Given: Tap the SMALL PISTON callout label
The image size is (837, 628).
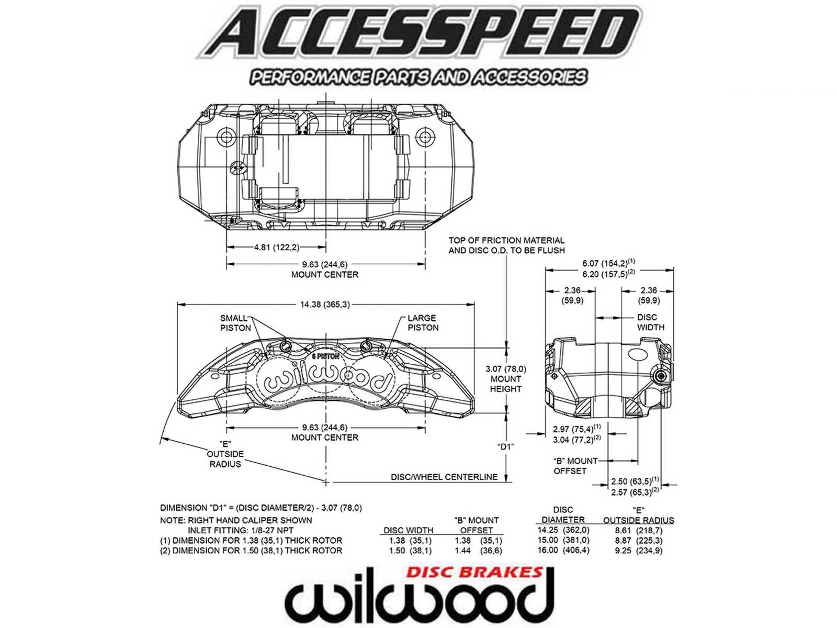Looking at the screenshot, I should point(235,323).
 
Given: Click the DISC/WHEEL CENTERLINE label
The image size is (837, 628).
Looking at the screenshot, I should point(444,477).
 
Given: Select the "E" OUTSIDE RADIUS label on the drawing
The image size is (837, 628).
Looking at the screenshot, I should point(225,454).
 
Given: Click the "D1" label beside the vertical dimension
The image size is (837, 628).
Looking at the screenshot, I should point(505,446).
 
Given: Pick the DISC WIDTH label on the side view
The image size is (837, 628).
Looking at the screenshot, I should point(650,322).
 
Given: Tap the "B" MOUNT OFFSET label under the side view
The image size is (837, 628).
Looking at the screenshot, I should point(575,466).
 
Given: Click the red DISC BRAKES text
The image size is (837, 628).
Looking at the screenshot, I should point(474,571).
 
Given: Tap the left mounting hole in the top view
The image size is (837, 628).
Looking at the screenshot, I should point(227,137).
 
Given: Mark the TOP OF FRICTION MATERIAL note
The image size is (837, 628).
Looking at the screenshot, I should point(506,245).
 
